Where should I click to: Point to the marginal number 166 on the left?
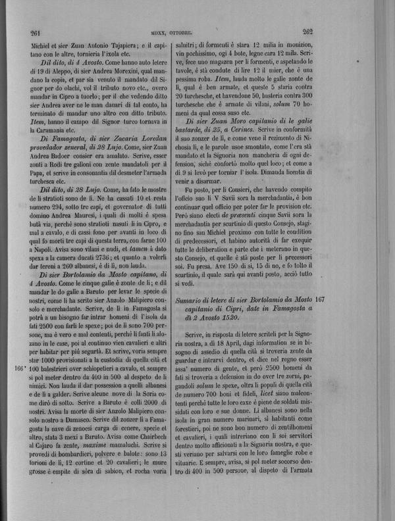[x=19, y=368]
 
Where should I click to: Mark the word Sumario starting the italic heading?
[x=194, y=299]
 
